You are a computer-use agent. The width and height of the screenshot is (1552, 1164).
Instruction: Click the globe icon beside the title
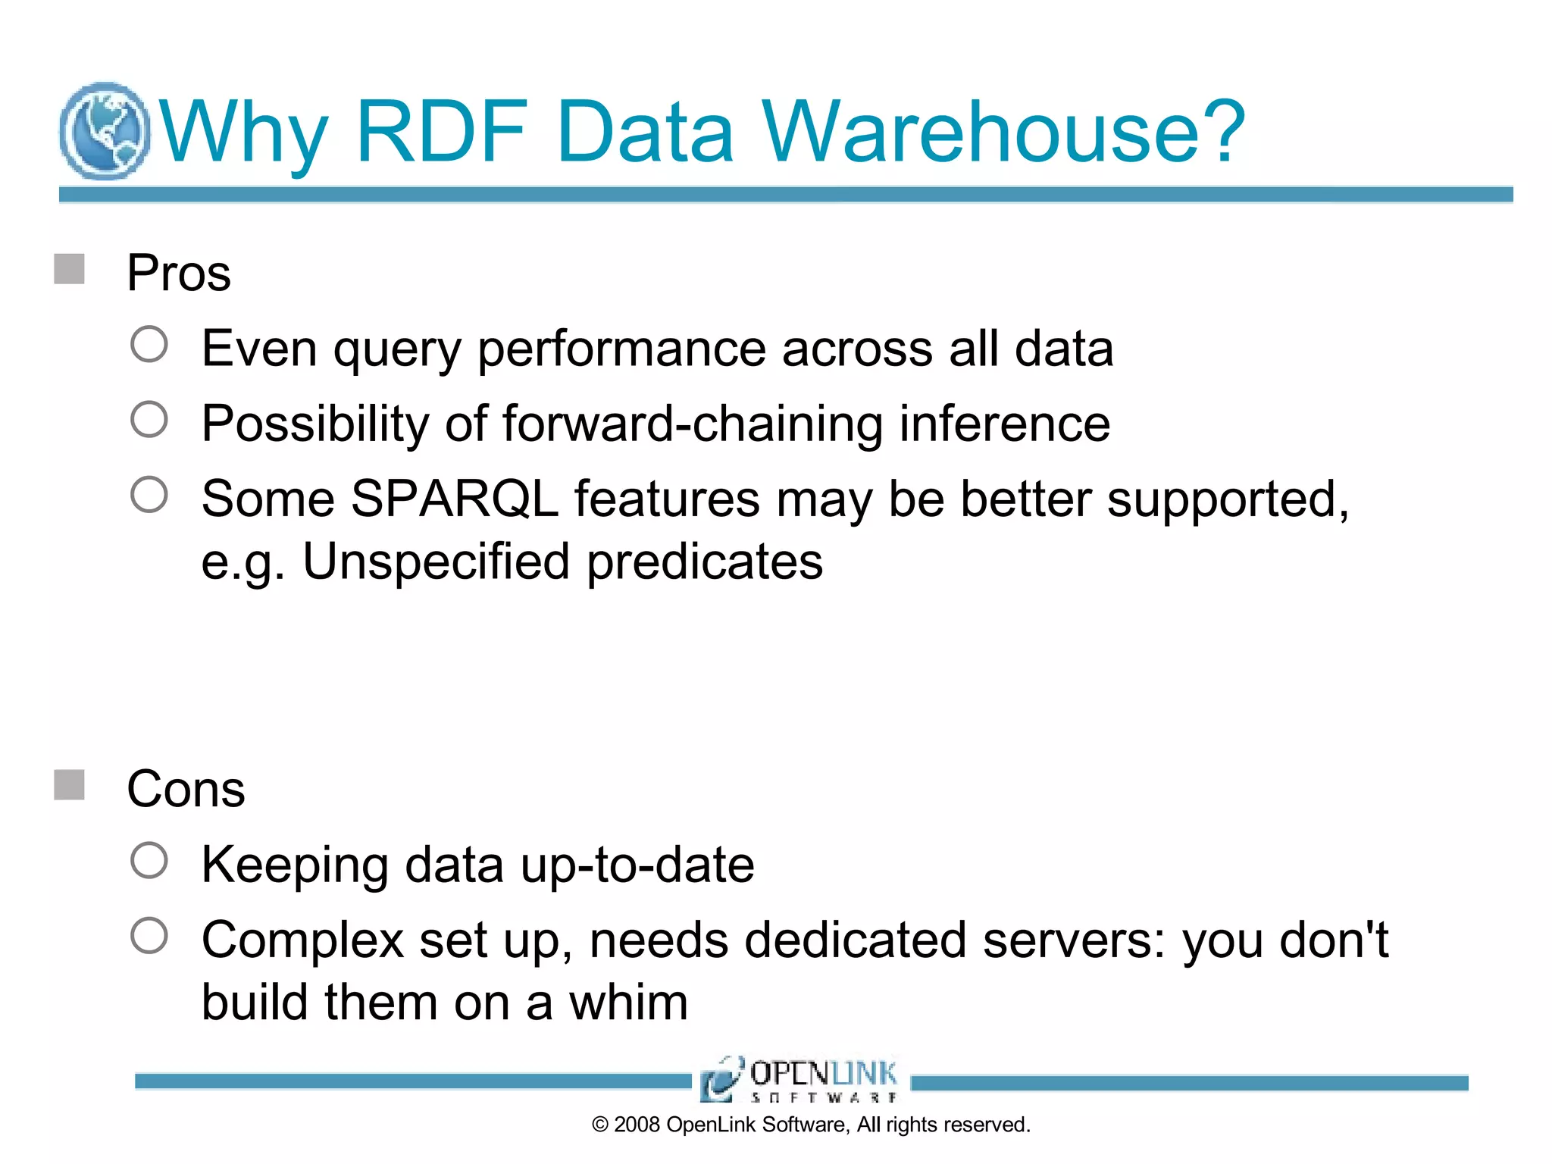click(105, 131)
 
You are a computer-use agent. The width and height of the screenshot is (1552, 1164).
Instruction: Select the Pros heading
click(179, 273)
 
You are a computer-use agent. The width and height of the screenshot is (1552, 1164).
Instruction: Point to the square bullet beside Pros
click(70, 269)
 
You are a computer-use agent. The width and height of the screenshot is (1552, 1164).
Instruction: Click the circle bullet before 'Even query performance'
click(149, 345)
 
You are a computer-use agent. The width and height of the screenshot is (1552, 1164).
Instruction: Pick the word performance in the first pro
click(621, 350)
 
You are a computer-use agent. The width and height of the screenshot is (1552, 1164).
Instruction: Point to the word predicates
click(705, 562)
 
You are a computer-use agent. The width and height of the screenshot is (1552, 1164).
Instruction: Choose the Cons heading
click(186, 790)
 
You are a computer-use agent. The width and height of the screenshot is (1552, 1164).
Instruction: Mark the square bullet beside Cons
click(70, 785)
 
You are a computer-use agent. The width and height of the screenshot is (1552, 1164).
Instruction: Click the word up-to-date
click(637, 865)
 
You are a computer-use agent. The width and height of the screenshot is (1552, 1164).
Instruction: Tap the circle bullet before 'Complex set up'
click(149, 936)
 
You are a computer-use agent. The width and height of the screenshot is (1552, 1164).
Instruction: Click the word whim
click(628, 1003)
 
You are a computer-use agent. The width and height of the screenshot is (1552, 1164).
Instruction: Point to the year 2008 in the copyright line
click(637, 1125)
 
